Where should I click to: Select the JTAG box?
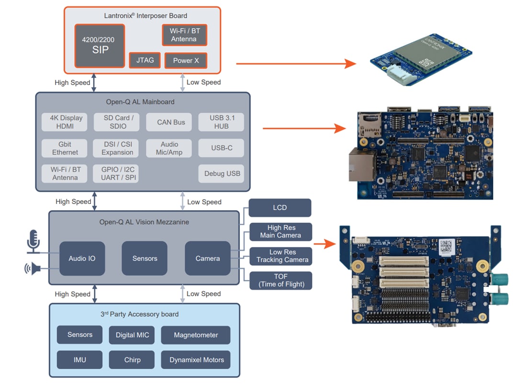pyautogui.click(x=145, y=60)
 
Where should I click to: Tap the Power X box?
pyautogui.click(x=186, y=60)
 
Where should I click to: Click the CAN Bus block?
pyautogui.click(x=171, y=122)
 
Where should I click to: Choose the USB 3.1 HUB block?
pyautogui.click(x=221, y=122)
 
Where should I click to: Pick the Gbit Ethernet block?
pyautogui.click(x=65, y=148)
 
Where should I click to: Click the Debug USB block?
pyautogui.click(x=221, y=173)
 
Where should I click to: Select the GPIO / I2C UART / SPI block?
pyautogui.click(x=118, y=173)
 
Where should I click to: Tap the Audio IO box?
pyautogui.click(x=82, y=258)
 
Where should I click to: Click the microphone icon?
pyautogui.click(x=33, y=241)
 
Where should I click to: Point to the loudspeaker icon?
pyautogui.click(x=33, y=269)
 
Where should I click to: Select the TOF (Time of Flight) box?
pyautogui.click(x=281, y=280)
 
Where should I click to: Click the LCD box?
pyautogui.click(x=280, y=208)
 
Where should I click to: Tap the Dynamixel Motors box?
pyautogui.click(x=196, y=360)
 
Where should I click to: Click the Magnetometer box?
pyautogui.click(x=196, y=335)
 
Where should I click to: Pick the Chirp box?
pyautogui.click(x=132, y=360)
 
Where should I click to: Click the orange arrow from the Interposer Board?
pyautogui.click(x=296, y=63)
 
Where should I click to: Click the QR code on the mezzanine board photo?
pyautogui.click(x=447, y=246)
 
